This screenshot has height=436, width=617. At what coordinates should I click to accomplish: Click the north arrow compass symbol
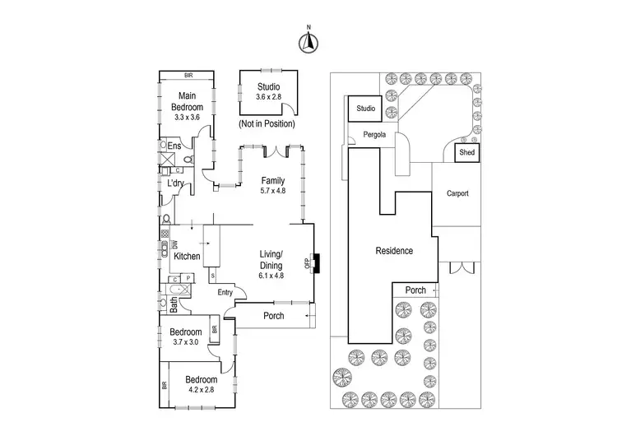click(308, 42)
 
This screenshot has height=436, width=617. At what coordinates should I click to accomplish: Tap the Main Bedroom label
click(188, 101)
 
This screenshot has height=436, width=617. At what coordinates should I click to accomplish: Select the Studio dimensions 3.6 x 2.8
click(269, 97)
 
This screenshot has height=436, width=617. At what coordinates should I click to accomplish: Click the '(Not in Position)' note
click(267, 123)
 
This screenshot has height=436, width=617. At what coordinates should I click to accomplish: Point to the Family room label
click(273, 181)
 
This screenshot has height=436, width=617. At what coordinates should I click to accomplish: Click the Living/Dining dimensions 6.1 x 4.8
click(271, 276)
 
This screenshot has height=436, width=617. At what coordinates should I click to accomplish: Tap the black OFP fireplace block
click(317, 263)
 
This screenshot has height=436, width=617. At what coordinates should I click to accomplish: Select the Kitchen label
click(187, 256)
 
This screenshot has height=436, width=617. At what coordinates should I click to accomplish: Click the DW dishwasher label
click(175, 244)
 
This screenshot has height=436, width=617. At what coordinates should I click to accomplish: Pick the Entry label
click(225, 292)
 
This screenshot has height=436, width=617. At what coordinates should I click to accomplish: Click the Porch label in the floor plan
click(274, 316)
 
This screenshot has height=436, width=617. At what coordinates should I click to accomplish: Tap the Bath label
click(174, 305)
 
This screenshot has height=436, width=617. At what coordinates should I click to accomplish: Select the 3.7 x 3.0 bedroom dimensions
click(186, 342)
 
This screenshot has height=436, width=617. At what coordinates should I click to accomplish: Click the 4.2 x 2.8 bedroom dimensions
click(202, 390)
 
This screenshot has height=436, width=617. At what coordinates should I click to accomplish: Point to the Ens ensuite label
click(174, 146)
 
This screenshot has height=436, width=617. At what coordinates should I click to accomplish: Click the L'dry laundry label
click(175, 183)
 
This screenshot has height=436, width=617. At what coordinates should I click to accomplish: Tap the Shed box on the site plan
click(467, 152)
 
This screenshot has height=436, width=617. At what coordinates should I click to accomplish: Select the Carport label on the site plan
click(457, 193)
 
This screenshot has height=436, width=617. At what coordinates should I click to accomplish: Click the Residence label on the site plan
click(394, 251)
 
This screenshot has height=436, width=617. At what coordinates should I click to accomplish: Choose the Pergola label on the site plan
click(374, 135)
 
